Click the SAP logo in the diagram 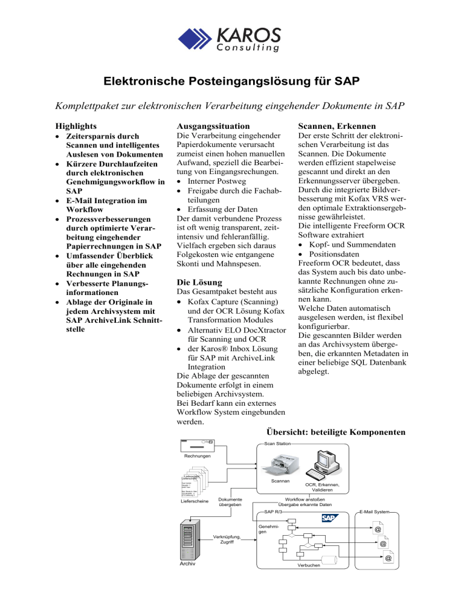[330, 518]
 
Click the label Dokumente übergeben [230, 502]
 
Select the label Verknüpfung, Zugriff [227, 538]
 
